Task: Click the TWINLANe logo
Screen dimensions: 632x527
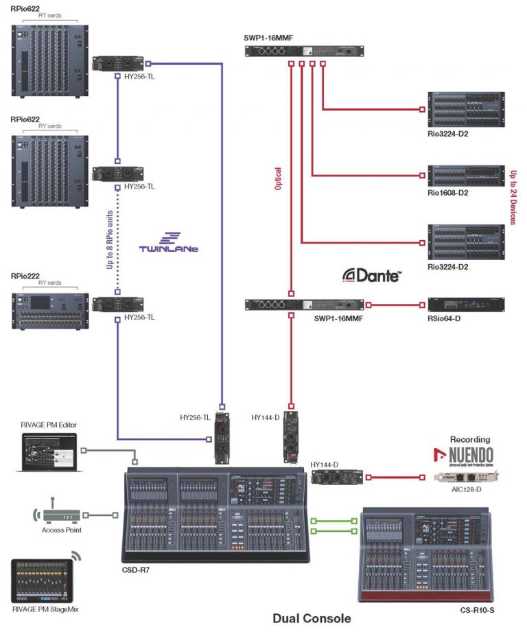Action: [168, 248]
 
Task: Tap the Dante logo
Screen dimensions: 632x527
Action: [373, 275]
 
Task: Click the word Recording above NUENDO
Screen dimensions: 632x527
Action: [470, 438]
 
